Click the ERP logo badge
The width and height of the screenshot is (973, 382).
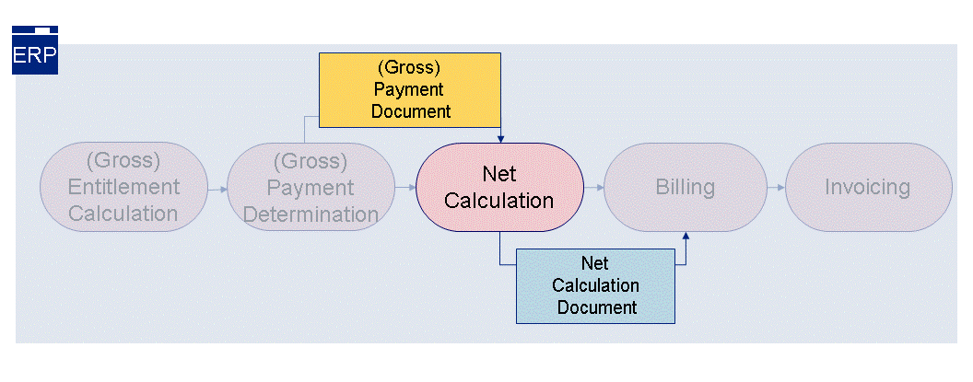click(x=35, y=51)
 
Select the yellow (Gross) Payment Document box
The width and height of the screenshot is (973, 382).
click(x=409, y=89)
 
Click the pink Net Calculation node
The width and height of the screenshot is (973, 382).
click(x=498, y=187)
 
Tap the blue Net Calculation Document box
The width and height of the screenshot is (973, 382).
click(x=594, y=285)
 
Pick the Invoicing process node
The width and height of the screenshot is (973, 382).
click(x=866, y=187)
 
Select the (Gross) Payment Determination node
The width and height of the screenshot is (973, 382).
click(x=310, y=187)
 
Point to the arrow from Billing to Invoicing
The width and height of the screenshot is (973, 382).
click(x=776, y=187)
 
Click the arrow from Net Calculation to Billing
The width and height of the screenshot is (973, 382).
click(x=593, y=187)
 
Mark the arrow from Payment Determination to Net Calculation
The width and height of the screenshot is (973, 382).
click(x=404, y=187)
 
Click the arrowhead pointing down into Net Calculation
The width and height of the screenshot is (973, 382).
click(x=499, y=139)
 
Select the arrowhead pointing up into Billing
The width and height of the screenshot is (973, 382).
click(x=685, y=237)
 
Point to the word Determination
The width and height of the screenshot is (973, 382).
click(x=310, y=214)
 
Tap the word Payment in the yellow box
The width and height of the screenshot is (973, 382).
click(x=409, y=90)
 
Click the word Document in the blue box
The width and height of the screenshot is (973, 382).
click(x=595, y=307)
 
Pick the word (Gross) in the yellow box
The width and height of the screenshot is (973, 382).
click(x=409, y=68)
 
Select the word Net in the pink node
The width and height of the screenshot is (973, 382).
click(x=498, y=174)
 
